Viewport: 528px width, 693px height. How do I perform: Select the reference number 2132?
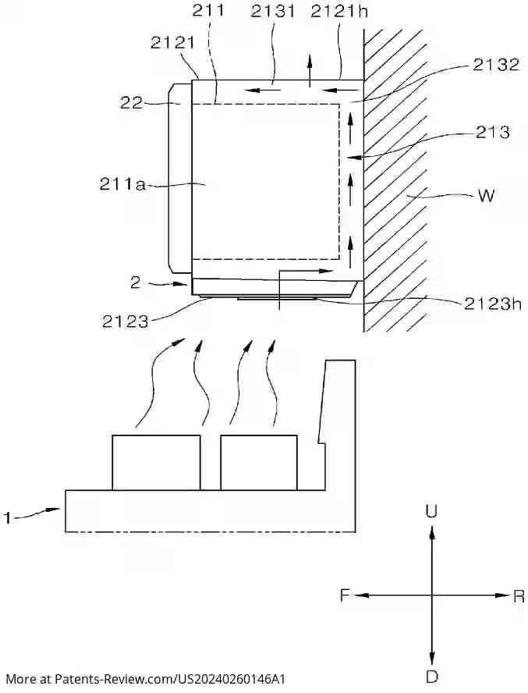click(x=495, y=65)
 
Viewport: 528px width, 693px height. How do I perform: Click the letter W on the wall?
click(x=485, y=196)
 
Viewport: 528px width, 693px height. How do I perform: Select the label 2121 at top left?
click(x=173, y=43)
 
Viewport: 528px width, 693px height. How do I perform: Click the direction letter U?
click(x=431, y=511)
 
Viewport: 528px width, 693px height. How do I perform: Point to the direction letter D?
click(x=431, y=676)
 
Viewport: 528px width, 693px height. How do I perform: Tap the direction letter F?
click(x=344, y=595)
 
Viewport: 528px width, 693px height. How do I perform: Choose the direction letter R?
click(x=519, y=596)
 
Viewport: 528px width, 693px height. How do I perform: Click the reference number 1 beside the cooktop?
click(x=8, y=517)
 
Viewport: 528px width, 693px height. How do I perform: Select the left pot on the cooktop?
click(x=156, y=463)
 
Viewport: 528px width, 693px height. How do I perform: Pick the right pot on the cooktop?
click(x=259, y=463)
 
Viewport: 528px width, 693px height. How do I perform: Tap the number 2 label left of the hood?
click(x=136, y=283)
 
